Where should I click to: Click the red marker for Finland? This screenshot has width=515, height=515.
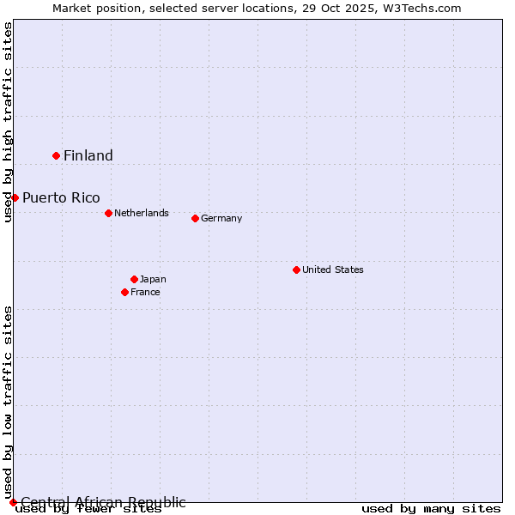57,155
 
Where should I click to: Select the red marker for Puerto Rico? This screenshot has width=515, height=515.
15,197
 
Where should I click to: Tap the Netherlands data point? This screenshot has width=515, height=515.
108,213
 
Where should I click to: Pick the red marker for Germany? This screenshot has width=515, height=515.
195,218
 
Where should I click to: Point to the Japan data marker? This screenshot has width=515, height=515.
134,279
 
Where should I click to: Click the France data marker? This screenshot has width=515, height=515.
124,292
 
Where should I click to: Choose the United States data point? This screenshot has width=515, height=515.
296,270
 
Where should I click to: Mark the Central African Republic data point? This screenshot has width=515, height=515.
13,502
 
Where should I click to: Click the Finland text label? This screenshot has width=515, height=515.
88,155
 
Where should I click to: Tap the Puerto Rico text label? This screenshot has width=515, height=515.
61,197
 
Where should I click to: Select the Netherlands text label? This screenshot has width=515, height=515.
142,213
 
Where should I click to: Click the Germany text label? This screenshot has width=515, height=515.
221,218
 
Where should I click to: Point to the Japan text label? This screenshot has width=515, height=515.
153,279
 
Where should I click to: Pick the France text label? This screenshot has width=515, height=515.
145,292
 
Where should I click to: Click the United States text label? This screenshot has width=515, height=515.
333,270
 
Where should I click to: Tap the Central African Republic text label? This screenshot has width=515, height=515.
103,502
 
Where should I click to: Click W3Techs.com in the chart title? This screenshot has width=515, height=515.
423,8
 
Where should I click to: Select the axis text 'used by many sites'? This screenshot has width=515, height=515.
431,509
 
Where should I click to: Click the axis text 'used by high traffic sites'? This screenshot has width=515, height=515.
8,122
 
